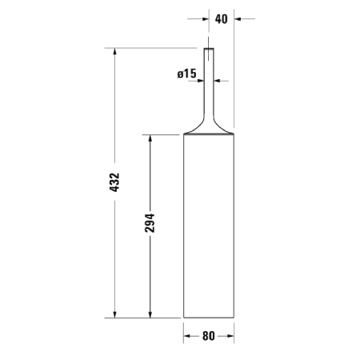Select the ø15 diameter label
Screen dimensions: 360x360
coord(186,74)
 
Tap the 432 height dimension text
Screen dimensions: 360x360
coord(114,183)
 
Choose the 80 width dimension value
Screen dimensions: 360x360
coord(208,336)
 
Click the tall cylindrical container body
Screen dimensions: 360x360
coord(208,224)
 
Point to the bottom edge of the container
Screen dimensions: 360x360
coord(208,317)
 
